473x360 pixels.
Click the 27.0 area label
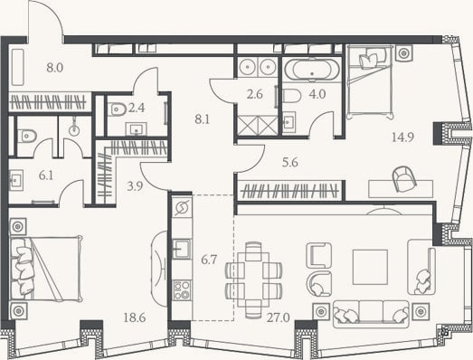click(x=279, y=317)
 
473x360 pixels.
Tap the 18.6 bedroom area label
click(x=135, y=317)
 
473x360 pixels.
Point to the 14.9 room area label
click(x=402, y=137)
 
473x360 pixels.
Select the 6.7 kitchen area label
click(x=209, y=260)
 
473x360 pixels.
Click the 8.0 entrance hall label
click(x=55, y=68)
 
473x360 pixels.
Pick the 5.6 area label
click(x=290, y=163)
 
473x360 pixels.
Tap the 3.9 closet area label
click(x=135, y=186)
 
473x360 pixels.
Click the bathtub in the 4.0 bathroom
click(x=312, y=70)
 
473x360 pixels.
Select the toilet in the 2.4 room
click(x=118, y=109)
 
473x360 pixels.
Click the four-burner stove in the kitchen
click(x=182, y=290)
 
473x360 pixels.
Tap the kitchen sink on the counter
click(x=181, y=249)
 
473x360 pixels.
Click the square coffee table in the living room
click(x=371, y=267)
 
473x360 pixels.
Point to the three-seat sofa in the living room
click(x=371, y=314)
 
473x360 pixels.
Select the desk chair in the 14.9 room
click(x=404, y=179)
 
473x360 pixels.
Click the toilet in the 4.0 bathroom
click(x=292, y=96)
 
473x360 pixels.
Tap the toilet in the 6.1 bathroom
click(x=27, y=136)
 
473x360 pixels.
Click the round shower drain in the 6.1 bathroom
click(x=74, y=130)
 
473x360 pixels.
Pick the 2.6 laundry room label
click(x=255, y=95)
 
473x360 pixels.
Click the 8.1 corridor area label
click(x=202, y=119)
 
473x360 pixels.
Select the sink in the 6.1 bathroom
click(x=16, y=180)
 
